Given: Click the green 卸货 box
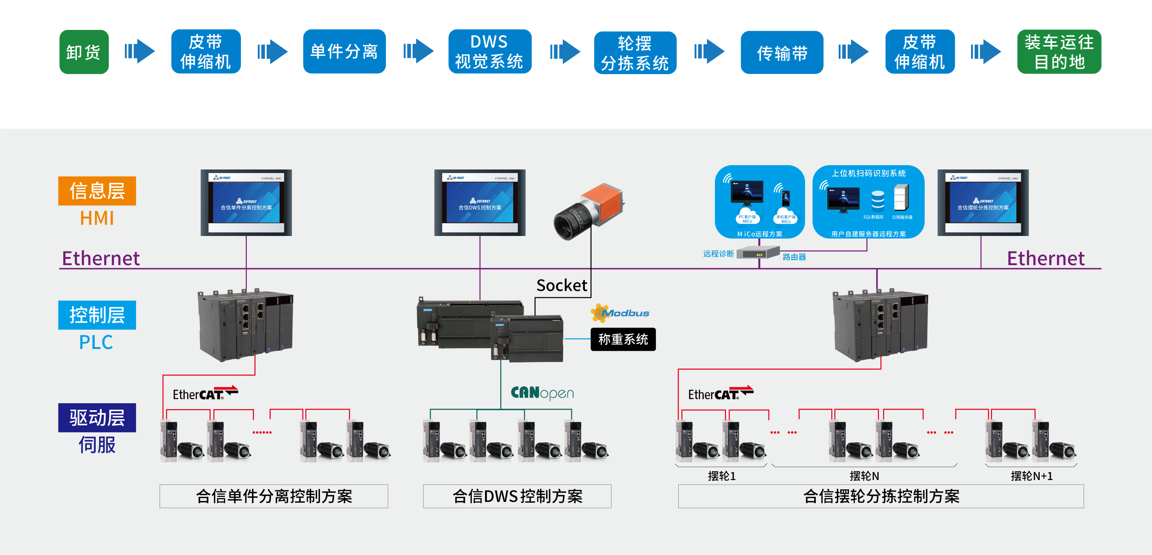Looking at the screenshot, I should pyautogui.click(x=84, y=52).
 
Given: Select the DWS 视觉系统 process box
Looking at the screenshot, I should pyautogui.click(x=490, y=52).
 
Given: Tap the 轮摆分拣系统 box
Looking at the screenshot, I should pyautogui.click(x=635, y=53).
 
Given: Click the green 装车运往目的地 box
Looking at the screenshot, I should pyautogui.click(x=1059, y=52).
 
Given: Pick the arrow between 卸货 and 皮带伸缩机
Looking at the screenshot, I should pyautogui.click(x=140, y=51).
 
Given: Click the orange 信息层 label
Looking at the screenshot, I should pyautogui.click(x=97, y=191).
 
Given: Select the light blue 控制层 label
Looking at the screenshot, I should pyautogui.click(x=97, y=315).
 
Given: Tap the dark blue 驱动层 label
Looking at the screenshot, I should pyautogui.click(x=97, y=418).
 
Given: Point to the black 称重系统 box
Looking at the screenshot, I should pyautogui.click(x=623, y=339).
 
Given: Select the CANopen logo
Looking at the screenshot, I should pyautogui.click(x=542, y=393).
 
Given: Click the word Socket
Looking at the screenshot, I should pyautogui.click(x=561, y=285).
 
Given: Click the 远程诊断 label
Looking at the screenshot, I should pyautogui.click(x=718, y=254).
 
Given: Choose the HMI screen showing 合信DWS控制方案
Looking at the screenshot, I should pyautogui.click(x=480, y=202).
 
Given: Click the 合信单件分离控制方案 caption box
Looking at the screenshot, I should pyautogui.click(x=274, y=496).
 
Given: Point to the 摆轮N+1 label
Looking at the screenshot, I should pyautogui.click(x=1031, y=476).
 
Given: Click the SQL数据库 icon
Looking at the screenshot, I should pyautogui.click(x=877, y=201).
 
